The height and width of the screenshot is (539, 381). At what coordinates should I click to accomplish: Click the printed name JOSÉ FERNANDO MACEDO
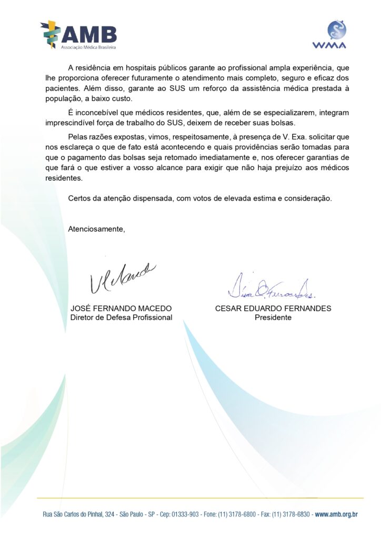click(121, 308)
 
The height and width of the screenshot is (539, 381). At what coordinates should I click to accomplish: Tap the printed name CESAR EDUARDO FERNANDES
click(273, 308)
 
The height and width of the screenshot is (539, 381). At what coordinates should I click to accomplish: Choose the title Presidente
click(273, 317)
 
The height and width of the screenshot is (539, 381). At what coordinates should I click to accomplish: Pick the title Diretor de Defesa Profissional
click(121, 317)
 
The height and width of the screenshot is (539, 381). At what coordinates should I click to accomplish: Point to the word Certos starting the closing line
click(80, 198)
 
